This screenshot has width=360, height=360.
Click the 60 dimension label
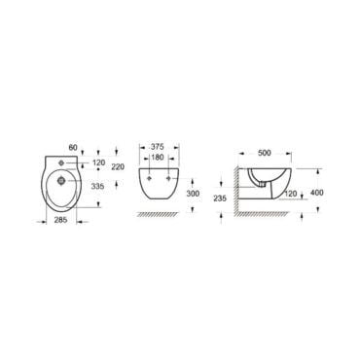coord(73,148)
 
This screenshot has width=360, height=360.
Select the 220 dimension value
coord(118,167)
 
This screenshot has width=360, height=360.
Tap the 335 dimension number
coord(97,187)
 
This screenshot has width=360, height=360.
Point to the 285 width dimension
coord(60,220)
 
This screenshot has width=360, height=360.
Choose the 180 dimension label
coord(158,158)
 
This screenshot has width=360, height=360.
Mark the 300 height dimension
coord(193,194)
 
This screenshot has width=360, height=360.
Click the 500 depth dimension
coord(265,153)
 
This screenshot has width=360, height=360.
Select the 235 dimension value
coord(220,198)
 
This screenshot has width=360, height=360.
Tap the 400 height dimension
coord(317,193)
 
